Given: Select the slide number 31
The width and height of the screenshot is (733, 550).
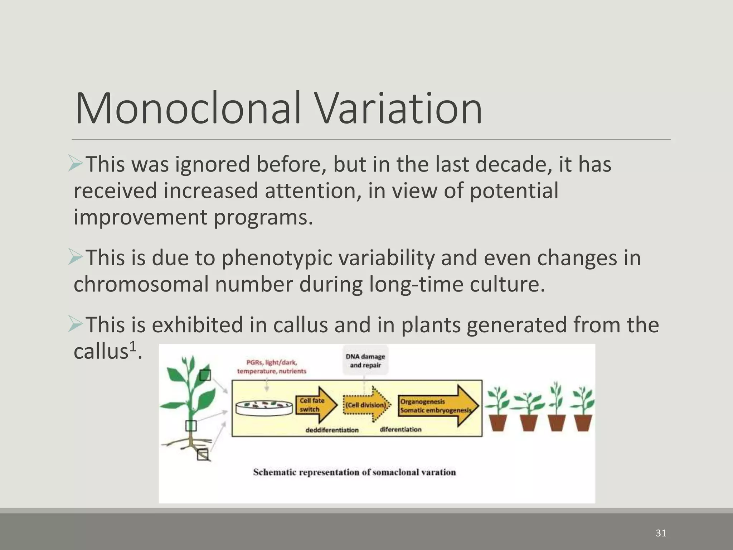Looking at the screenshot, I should (x=661, y=533).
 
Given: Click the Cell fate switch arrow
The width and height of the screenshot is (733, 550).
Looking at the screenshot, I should (x=315, y=405).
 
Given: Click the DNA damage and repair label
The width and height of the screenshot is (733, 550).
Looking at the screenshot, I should (x=365, y=361).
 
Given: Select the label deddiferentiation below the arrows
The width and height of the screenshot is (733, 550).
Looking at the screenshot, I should (x=332, y=430).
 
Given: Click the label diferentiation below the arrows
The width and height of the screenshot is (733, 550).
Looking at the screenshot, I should (x=400, y=429).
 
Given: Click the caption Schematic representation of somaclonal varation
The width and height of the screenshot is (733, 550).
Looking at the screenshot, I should (x=354, y=472).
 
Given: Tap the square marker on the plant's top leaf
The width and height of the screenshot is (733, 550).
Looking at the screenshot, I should (x=205, y=375).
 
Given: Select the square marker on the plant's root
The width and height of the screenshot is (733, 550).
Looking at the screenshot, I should (x=203, y=454).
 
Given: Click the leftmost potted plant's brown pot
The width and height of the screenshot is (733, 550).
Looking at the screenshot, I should (x=498, y=423).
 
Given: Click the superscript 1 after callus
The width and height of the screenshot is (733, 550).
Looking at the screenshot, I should (x=132, y=347).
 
